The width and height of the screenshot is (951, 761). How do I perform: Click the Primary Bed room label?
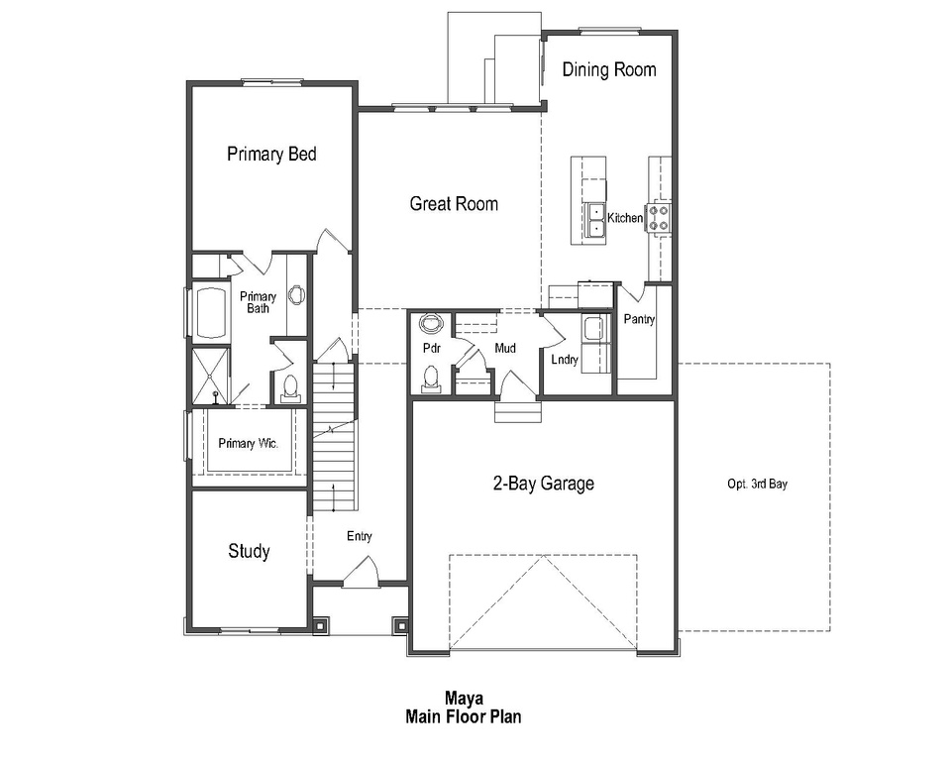coord(271,154)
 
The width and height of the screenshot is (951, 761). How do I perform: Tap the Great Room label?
coord(454,204)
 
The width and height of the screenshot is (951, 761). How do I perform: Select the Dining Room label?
coord(609,69)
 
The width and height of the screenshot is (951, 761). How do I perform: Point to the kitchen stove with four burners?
coord(659,217)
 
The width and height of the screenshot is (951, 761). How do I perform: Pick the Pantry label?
coord(639,319)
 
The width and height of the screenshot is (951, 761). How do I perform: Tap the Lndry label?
coord(565,360)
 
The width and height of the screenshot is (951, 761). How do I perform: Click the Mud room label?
coord(505,348)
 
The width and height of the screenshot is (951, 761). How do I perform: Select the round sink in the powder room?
coord(432,324)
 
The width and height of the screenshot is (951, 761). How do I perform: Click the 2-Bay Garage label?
coord(544,484)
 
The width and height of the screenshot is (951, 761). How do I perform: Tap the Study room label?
coord(249,551)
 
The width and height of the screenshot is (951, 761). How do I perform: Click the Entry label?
coord(359,536)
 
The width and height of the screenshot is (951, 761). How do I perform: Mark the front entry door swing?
coord(361,573)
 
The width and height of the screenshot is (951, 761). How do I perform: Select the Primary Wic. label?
coord(249,444)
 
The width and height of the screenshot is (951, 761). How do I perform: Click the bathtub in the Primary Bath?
coord(209,313)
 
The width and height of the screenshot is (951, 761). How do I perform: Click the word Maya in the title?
coord(463,698)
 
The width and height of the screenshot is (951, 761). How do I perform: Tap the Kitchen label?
coord(625,218)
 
